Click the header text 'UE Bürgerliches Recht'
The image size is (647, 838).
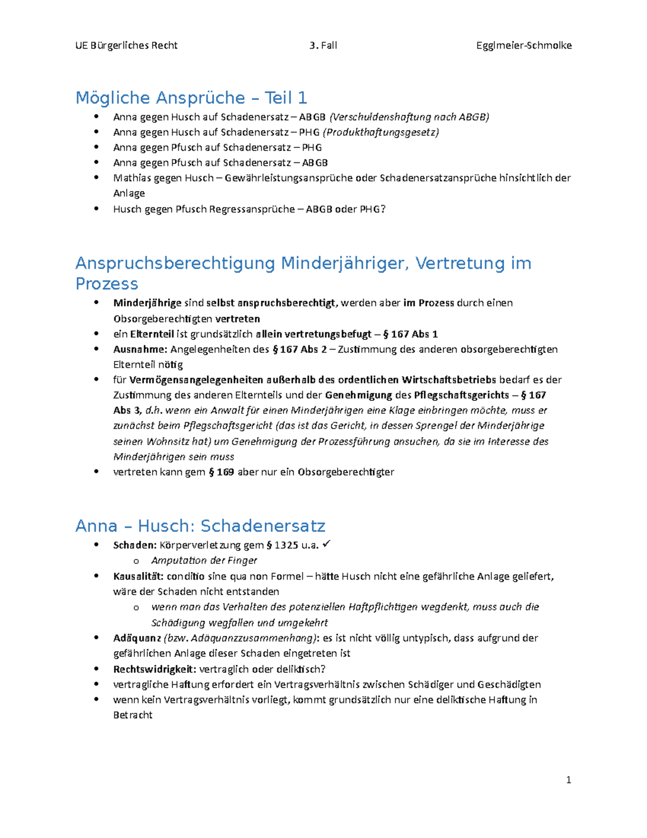(x=126, y=45)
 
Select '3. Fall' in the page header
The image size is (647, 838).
(x=323, y=45)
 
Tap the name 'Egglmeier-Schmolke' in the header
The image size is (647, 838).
(x=524, y=45)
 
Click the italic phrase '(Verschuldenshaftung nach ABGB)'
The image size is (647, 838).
(x=409, y=117)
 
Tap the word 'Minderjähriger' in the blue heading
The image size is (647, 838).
(x=345, y=263)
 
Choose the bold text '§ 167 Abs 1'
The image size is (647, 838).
(x=410, y=334)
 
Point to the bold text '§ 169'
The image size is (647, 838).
(x=221, y=472)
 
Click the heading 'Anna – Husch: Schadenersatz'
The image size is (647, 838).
(x=200, y=526)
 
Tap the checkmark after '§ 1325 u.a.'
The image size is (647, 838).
(x=326, y=544)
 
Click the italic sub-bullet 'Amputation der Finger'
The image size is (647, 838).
(x=204, y=561)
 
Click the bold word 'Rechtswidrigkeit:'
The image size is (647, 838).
(x=155, y=670)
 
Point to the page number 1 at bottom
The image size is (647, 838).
(x=568, y=780)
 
